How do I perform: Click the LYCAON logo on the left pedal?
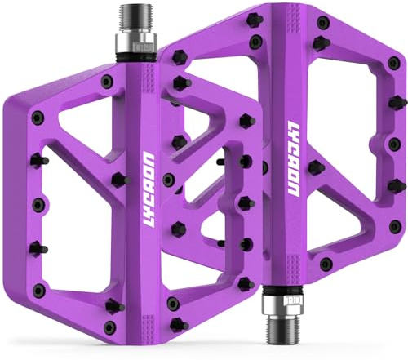click(149, 189)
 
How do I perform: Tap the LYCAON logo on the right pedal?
click(293, 158)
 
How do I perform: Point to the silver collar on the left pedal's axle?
click(137, 43)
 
